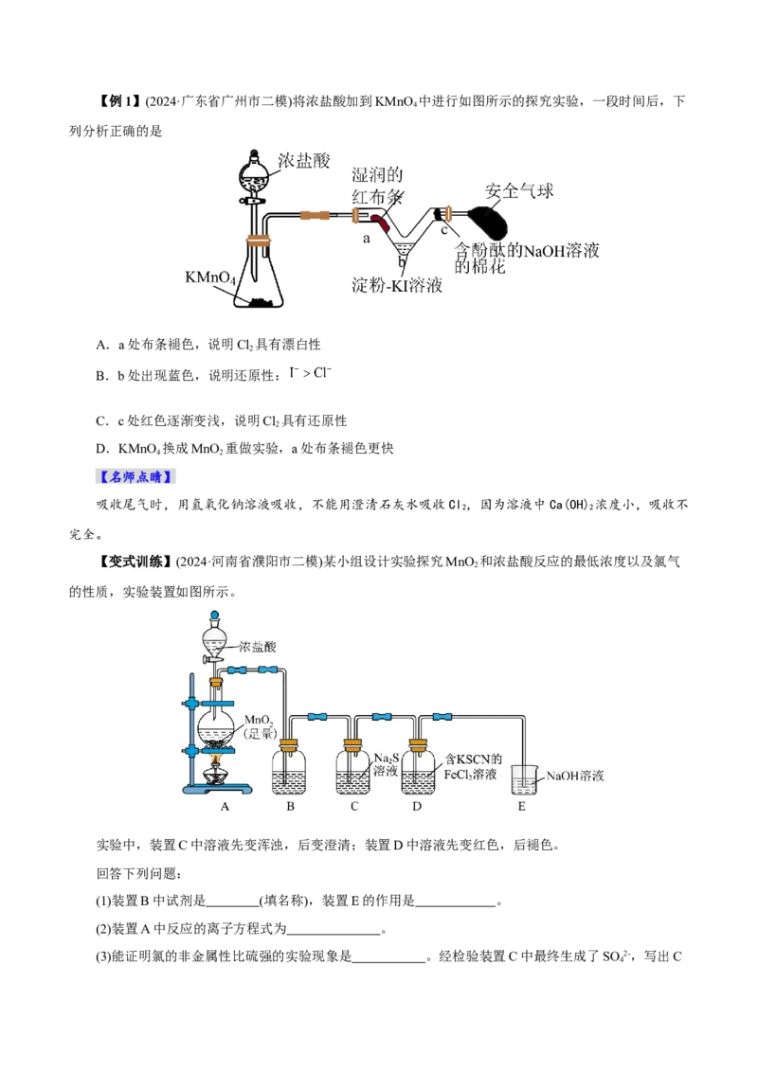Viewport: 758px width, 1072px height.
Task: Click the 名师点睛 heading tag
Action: coord(135,476)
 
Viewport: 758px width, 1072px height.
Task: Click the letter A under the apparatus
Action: coord(226,806)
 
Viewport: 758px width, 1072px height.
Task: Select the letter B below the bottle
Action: coord(290,806)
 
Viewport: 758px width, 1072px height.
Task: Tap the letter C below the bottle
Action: coord(354,806)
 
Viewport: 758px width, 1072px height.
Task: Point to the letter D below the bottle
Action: coord(418,806)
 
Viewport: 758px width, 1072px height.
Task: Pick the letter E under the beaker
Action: coord(521,806)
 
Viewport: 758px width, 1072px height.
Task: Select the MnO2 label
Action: coord(259,725)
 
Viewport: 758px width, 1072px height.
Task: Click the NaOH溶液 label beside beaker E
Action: coord(575,776)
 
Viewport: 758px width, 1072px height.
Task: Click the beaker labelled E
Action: coord(523,778)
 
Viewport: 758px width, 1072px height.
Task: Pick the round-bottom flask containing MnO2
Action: coord(217,728)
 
